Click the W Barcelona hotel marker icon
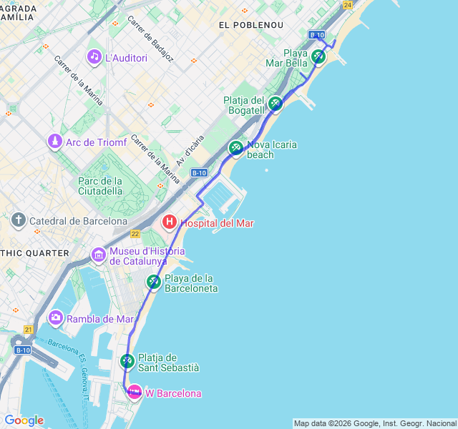click(134, 393)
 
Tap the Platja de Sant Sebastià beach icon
click(127, 361)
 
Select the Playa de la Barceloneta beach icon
click(154, 282)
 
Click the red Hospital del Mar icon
click(170, 222)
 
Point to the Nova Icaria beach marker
click(235, 148)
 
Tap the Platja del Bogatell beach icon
click(276, 104)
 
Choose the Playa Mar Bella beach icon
click(319, 56)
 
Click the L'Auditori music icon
click(94, 56)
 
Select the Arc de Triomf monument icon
click(54, 142)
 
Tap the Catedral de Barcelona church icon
click(19, 220)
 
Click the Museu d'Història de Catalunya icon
click(98, 254)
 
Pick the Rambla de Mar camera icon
click(55, 317)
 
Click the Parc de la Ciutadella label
click(100, 186)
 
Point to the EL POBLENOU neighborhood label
click(251, 25)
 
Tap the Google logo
click(24, 420)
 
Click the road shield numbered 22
click(135, 234)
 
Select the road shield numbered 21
click(28, 329)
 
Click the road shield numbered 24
click(348, 5)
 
